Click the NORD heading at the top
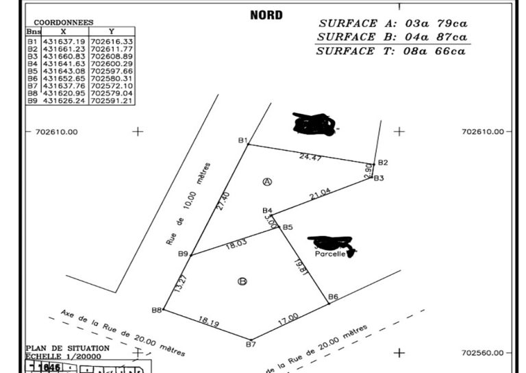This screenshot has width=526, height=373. [266, 15]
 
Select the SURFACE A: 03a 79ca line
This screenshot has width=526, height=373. [392, 23]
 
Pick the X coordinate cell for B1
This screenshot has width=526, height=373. [64, 41]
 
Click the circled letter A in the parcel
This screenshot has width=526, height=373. [268, 181]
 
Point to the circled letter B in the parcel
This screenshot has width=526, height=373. [242, 281]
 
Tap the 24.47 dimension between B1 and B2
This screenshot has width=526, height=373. [310, 157]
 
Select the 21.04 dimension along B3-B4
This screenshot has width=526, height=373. [320, 195]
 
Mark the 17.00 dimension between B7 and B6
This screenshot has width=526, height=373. [288, 318]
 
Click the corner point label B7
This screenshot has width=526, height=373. [251, 344]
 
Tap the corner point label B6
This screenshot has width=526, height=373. [334, 296]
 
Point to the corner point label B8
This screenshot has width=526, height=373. [157, 310]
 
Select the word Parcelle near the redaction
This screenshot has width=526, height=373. [329, 253]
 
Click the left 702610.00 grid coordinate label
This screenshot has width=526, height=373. [56, 132]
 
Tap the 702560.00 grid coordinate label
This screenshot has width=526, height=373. [482, 352]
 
